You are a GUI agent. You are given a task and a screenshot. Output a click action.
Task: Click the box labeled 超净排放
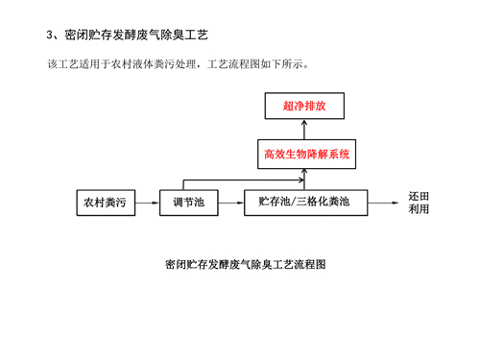302,107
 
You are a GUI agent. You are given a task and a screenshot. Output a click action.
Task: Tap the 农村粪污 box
104,203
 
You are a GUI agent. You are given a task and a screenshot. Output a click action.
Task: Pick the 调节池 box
188,203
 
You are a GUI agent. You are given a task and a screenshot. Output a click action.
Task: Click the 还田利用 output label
419,203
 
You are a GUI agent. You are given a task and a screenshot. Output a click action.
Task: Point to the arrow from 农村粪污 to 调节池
145,203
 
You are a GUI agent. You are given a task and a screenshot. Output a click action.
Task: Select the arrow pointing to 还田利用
384,203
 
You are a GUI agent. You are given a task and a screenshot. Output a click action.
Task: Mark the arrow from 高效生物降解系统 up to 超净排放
302,129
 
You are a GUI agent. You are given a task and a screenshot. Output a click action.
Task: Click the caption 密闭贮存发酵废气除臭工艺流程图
247,264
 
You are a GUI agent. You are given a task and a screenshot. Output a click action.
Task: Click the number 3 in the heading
51,36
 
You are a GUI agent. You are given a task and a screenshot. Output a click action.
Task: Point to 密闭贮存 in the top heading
89,36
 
